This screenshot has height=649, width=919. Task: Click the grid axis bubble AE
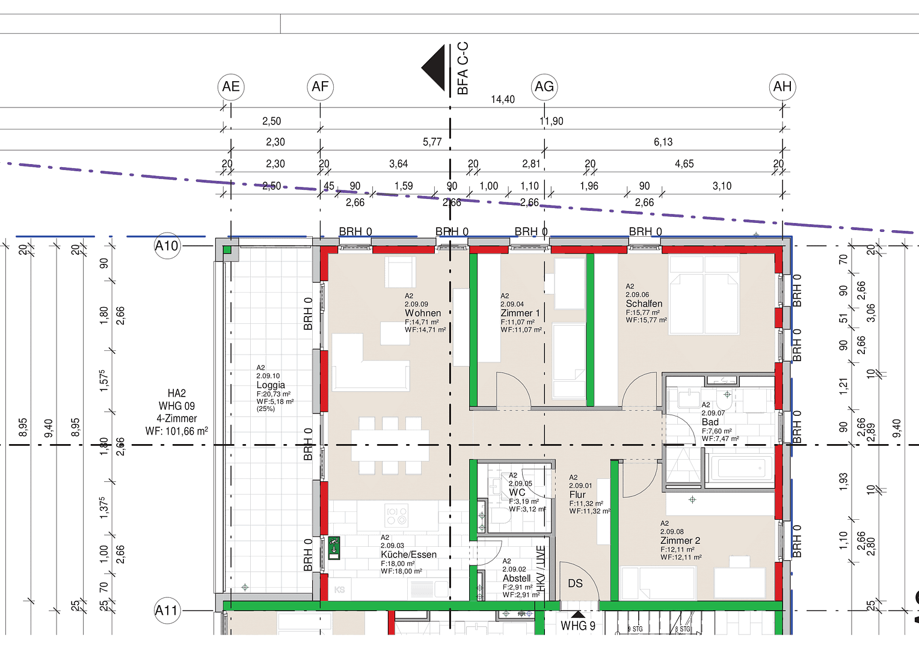tap(231, 87)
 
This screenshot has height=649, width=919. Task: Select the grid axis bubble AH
tap(782, 87)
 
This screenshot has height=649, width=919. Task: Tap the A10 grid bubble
tap(167, 246)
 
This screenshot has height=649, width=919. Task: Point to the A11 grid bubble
tap(167, 611)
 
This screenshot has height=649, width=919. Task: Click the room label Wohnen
tap(423, 313)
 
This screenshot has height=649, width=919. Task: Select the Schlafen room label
tap(644, 304)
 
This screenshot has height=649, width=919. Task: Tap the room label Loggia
tap(271, 385)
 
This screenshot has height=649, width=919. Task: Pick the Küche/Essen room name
tap(408, 555)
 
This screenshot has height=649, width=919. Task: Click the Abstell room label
tap(517, 578)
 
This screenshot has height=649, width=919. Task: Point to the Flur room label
tap(577, 495)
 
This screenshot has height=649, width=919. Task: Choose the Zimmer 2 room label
tap(680, 541)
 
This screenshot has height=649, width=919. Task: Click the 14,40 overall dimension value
tap(503, 99)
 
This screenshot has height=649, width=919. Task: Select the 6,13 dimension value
tap(663, 142)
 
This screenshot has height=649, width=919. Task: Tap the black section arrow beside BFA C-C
tap(434, 67)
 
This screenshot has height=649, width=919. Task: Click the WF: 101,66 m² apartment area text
tap(177, 431)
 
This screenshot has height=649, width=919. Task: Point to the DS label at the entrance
tap(575, 583)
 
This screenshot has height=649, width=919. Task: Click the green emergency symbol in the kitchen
tap(334, 548)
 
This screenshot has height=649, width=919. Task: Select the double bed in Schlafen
tap(704, 294)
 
